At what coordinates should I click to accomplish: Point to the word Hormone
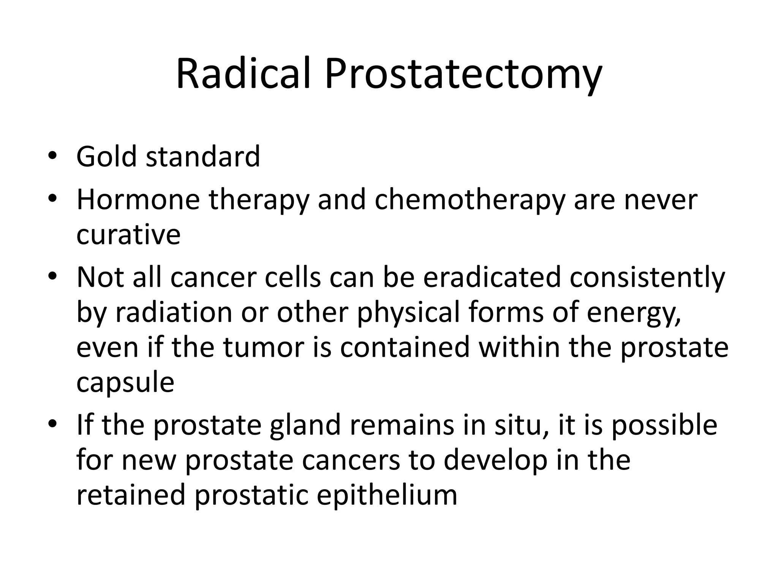click(x=138, y=200)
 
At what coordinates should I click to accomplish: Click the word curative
click(x=128, y=235)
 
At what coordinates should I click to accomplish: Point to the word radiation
click(x=174, y=312)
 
